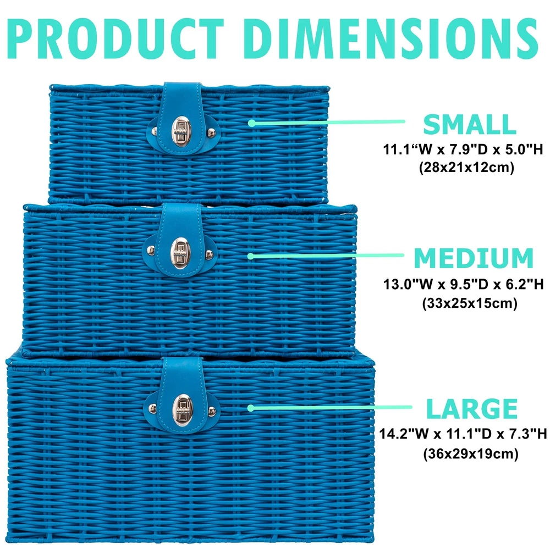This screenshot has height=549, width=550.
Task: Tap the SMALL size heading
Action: click(x=469, y=125)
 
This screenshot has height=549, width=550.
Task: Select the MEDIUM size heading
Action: click(x=474, y=258)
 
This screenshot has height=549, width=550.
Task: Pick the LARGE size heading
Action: click(x=472, y=409)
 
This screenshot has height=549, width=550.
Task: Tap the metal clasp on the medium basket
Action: click(x=180, y=251)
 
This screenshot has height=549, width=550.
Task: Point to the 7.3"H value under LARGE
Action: click(x=525, y=435)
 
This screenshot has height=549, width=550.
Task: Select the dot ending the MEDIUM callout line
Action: click(x=251, y=256)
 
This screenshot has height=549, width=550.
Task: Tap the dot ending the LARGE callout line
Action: click(x=251, y=408)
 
